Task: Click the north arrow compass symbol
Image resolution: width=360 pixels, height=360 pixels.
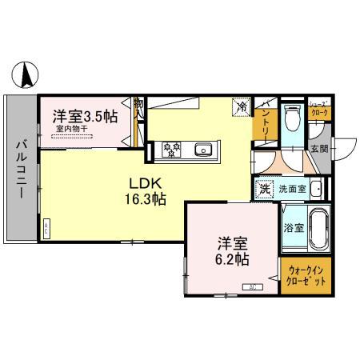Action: coord(26,75)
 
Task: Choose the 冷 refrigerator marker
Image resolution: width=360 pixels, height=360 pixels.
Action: coord(240,106)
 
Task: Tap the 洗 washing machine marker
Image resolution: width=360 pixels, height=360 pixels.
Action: coord(264,190)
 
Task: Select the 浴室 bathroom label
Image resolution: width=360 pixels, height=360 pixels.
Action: coord(293,227)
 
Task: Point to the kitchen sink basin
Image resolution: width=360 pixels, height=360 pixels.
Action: coord(203,148)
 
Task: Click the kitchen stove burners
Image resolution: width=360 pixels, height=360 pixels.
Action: coord(172,148)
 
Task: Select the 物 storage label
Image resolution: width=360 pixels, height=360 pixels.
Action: coord(138,104)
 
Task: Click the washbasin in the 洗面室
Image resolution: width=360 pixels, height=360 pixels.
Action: coord(316,190)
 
